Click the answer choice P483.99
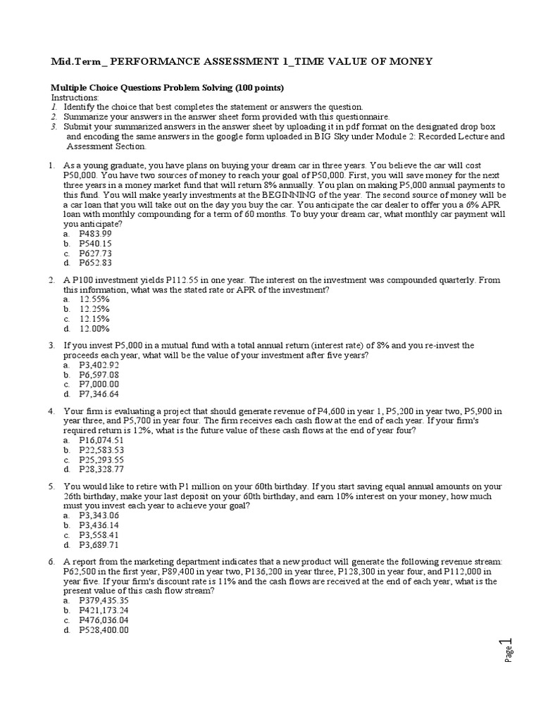[x=95, y=233]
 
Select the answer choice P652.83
[x=95, y=263]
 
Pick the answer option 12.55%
[x=94, y=299]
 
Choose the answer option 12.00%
[x=94, y=328]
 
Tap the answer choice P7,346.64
[x=99, y=394]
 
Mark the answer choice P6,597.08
[x=99, y=375]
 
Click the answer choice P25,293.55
[x=101, y=459]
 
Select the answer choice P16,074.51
[x=101, y=439]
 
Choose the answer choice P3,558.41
[x=99, y=534]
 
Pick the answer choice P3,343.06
[x=99, y=515]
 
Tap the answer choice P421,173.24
[x=104, y=610]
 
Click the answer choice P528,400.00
[x=104, y=630]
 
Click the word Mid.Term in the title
[x=75, y=62]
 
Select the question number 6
[x=51, y=561]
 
